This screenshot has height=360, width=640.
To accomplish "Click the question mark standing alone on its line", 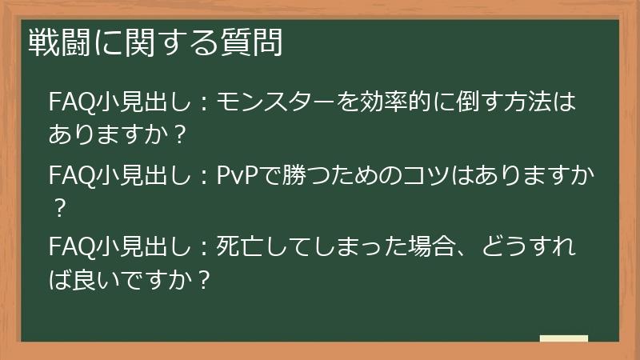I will [x=58, y=209].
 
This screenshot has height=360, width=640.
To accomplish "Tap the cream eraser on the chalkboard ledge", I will [x=563, y=339].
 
